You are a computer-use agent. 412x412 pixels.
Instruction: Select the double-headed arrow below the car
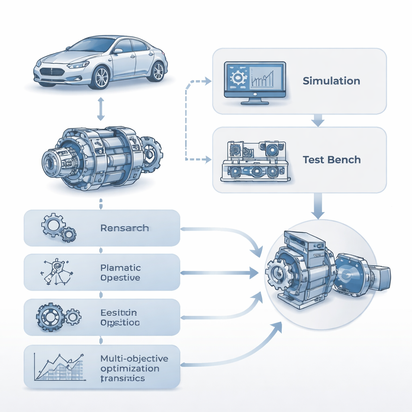101,109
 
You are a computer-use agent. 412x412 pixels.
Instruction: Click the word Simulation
331,81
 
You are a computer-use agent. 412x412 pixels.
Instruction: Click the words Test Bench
332,160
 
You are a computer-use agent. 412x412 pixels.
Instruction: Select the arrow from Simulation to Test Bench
318,120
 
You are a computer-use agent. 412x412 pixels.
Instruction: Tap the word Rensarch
124,228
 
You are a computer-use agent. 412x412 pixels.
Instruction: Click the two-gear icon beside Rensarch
58,228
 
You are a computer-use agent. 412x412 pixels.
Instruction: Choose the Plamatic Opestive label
120,272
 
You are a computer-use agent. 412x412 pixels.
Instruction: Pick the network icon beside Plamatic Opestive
56,272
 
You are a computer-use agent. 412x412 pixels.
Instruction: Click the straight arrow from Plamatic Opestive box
219,273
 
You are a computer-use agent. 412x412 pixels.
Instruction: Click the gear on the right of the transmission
151,153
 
